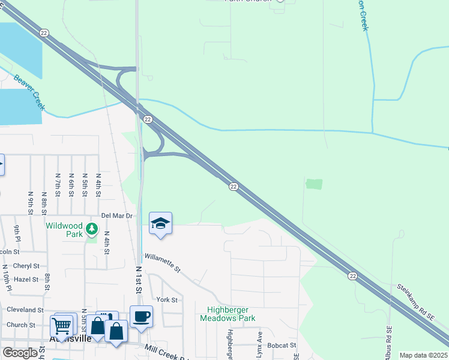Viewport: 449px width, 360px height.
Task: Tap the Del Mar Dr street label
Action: (116, 215)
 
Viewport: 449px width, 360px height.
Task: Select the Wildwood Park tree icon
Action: (91, 229)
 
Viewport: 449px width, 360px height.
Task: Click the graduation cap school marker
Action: (160, 224)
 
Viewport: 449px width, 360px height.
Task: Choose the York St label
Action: (167, 299)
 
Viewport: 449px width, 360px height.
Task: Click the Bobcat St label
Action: (282, 345)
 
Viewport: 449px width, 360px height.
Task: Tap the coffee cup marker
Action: (141, 316)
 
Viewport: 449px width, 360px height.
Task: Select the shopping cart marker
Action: (62, 326)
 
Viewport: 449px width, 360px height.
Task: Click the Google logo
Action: (20, 353)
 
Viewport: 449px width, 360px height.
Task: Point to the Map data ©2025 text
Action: (423, 355)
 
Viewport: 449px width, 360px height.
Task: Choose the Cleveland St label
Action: (25, 310)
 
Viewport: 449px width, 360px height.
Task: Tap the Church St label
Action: (22, 325)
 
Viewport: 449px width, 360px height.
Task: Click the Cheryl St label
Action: (26, 265)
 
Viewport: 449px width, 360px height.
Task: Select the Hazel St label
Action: (26, 279)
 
